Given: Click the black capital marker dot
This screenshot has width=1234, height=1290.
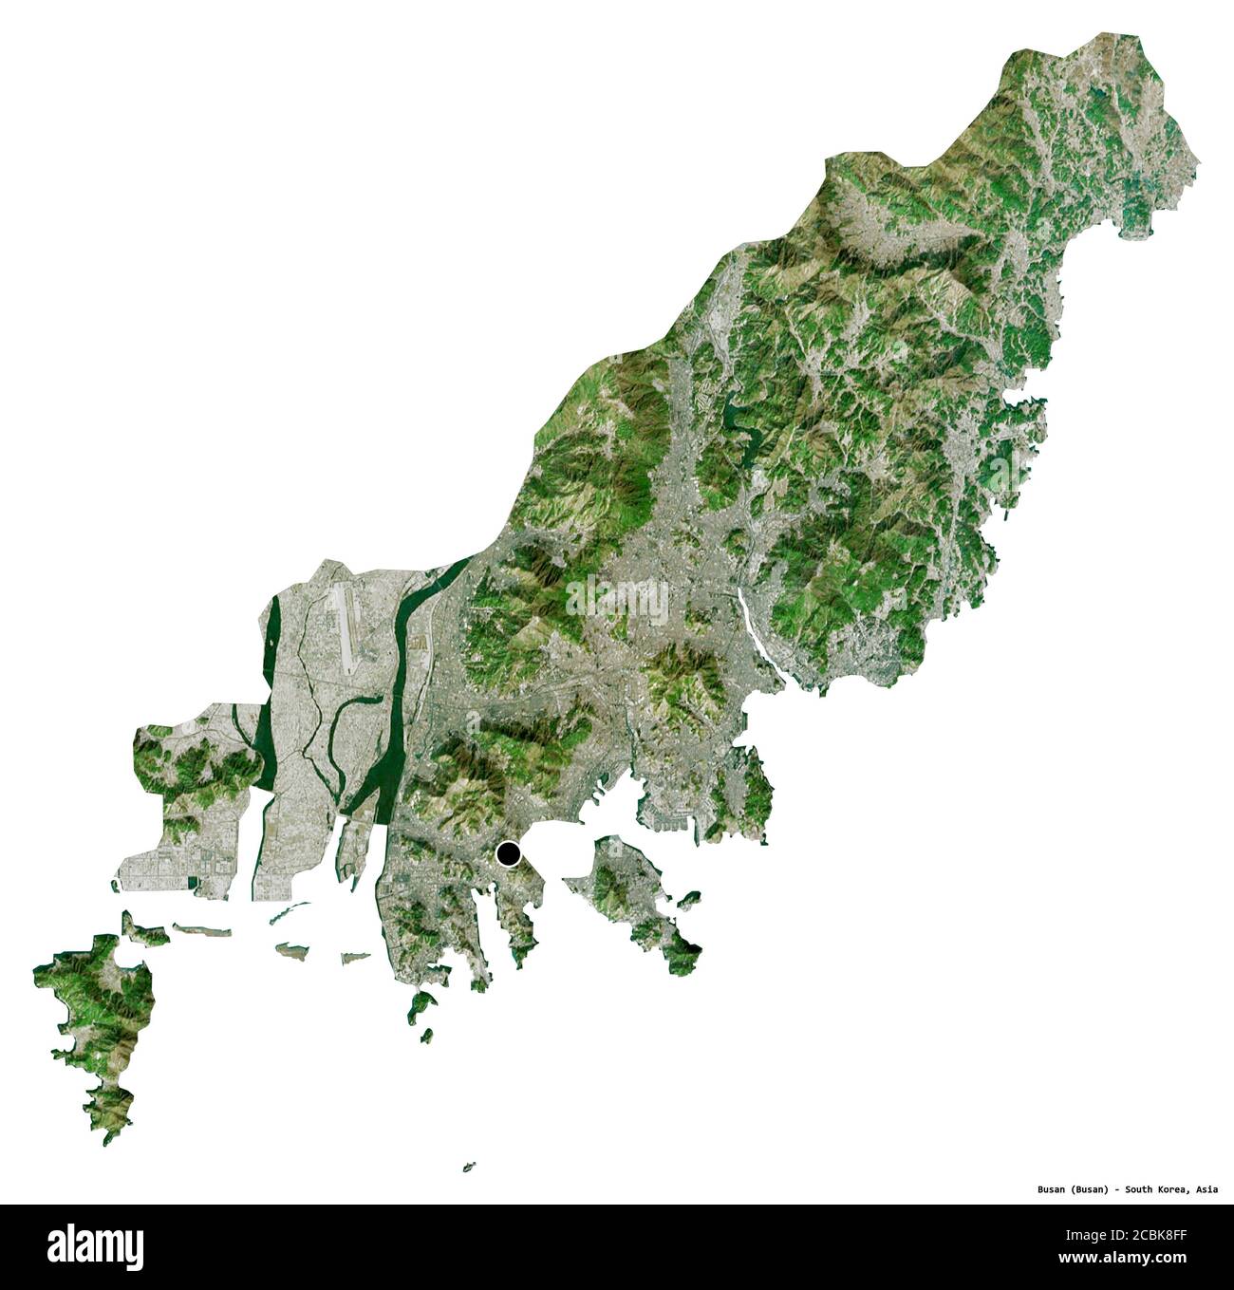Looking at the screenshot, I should point(510,855).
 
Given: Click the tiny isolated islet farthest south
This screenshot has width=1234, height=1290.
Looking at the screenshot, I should point(468,1167).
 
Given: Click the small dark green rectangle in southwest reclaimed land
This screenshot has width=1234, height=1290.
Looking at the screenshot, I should point(194,883).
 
